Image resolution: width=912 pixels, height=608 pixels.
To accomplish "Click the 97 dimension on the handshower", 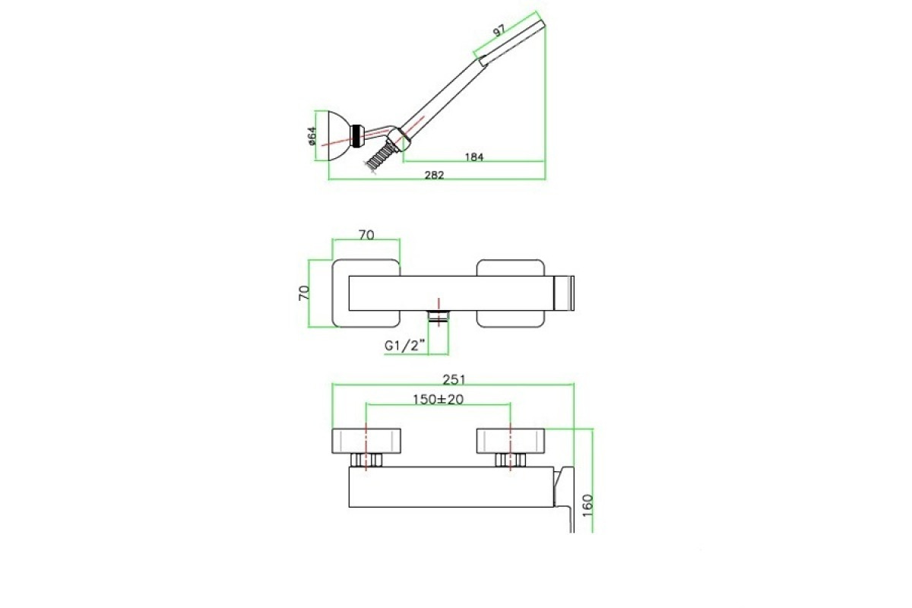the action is tap(499, 30).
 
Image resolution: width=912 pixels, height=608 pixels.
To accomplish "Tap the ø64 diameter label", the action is tap(312, 136).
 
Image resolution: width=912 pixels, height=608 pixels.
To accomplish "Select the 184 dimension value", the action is tap(474, 157).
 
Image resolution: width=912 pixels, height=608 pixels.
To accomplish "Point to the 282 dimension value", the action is tap(435, 175).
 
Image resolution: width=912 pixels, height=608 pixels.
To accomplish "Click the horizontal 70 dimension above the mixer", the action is tap(366, 235).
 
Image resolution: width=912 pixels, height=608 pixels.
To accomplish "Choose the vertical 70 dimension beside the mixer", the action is tap(304, 293).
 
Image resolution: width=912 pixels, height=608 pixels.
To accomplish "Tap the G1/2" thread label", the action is tap(405, 345).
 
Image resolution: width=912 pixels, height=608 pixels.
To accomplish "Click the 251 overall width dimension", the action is tap(454, 379).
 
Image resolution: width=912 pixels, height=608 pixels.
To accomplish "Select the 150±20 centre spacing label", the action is tap(438, 400).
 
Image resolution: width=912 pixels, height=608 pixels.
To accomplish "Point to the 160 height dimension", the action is tap(587, 505).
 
